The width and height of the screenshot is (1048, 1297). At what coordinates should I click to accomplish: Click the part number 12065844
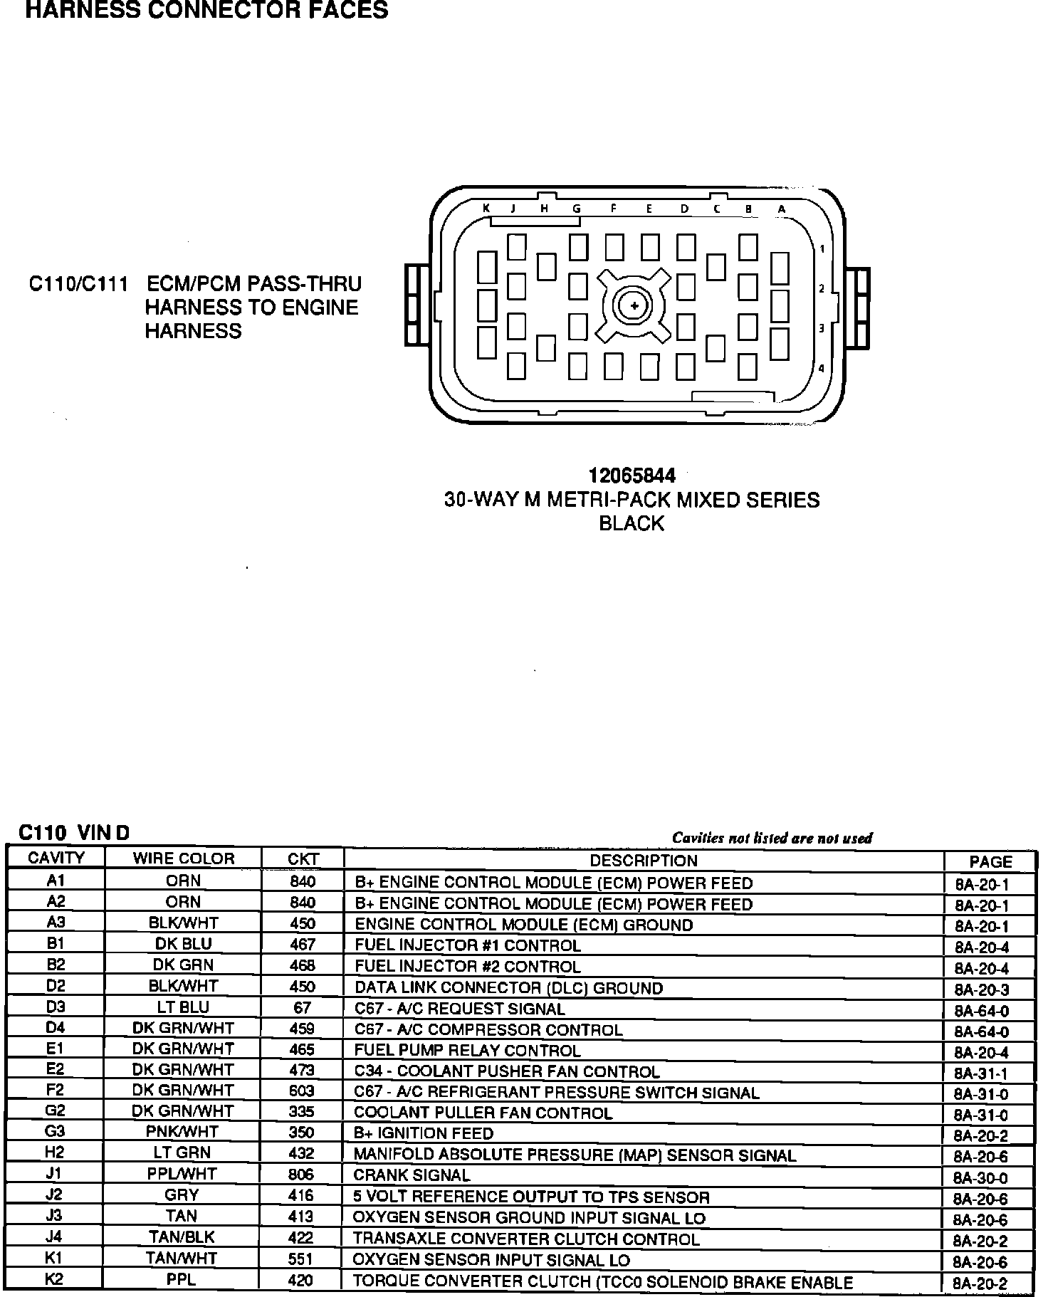(632, 476)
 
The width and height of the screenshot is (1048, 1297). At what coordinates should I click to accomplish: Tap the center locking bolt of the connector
(634, 306)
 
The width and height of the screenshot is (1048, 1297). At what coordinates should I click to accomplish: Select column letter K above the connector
(486, 209)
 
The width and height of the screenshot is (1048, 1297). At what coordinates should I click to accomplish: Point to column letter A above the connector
(781, 209)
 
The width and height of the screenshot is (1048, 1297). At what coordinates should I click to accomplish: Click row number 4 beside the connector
(822, 369)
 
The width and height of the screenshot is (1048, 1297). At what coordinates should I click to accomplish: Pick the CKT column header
(303, 858)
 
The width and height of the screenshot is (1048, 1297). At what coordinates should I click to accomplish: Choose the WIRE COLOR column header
(183, 858)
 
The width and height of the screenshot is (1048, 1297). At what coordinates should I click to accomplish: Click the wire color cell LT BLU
(183, 1007)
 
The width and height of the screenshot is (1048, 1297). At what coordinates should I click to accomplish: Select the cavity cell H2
(56, 1153)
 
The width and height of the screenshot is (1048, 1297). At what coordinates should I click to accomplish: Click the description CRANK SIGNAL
(412, 1175)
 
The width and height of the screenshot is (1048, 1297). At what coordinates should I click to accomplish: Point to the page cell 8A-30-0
(981, 1178)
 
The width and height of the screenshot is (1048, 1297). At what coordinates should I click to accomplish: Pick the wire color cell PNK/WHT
(183, 1132)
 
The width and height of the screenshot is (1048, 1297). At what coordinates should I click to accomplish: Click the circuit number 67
(302, 1008)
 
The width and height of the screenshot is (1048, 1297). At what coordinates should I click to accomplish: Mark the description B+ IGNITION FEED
(424, 1133)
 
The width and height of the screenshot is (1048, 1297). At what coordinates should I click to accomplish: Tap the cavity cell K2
(55, 1279)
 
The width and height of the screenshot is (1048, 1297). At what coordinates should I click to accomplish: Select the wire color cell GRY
(182, 1195)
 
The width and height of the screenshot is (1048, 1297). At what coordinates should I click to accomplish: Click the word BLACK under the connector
(632, 524)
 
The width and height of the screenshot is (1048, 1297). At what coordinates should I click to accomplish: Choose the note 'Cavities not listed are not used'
(772, 838)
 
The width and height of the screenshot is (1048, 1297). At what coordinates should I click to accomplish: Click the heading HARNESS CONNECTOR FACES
(206, 10)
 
